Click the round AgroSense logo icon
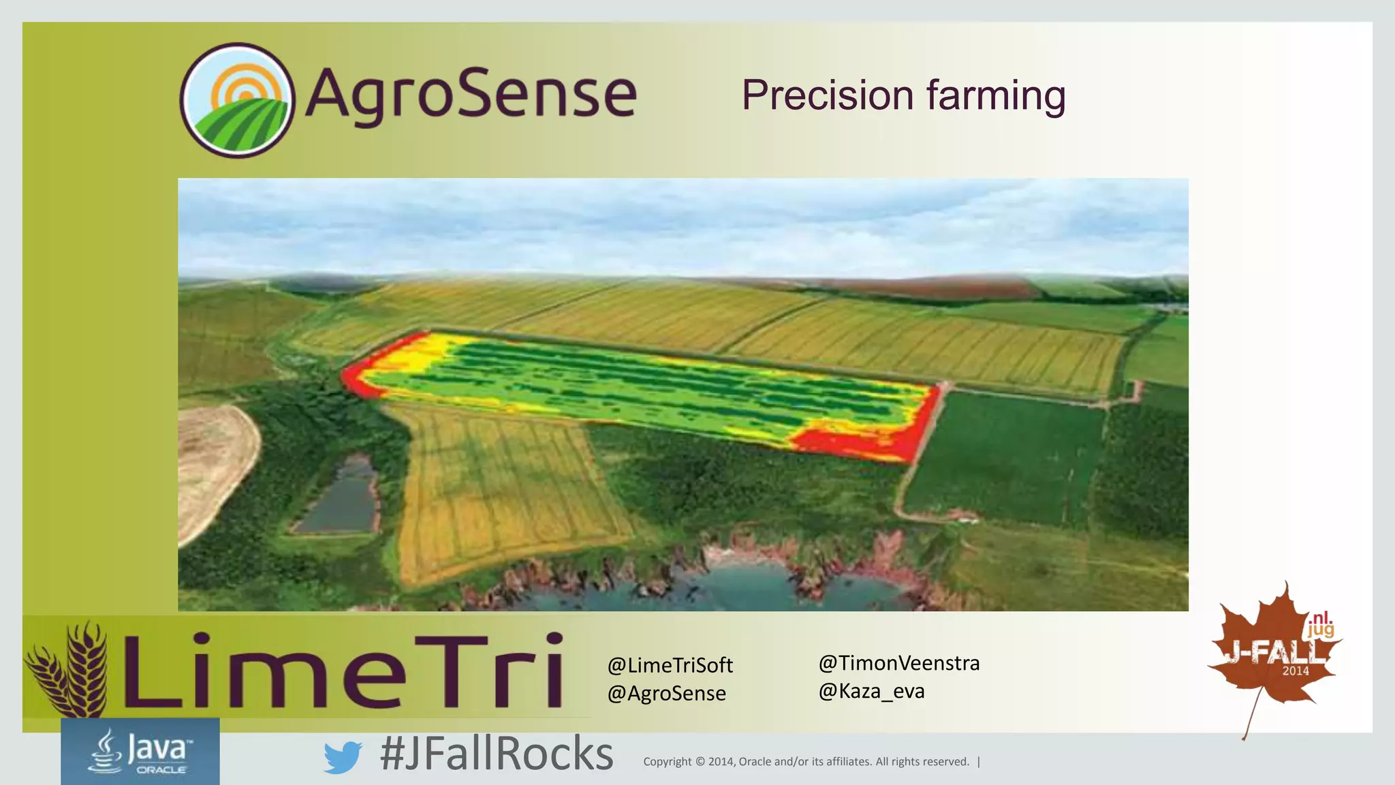coord(237,100)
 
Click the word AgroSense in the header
coord(471,94)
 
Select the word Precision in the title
coord(827,95)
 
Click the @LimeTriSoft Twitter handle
coord(670,665)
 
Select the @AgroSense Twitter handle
coord(666,694)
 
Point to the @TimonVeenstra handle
coord(898,663)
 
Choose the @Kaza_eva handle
coord(871,692)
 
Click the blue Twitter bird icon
coord(342,757)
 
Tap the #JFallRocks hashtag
coord(497,754)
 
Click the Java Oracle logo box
coord(140,751)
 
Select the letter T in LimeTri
coord(452,671)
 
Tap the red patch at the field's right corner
coord(865,440)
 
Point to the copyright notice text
coord(806,762)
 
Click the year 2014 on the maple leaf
coord(1296,671)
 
